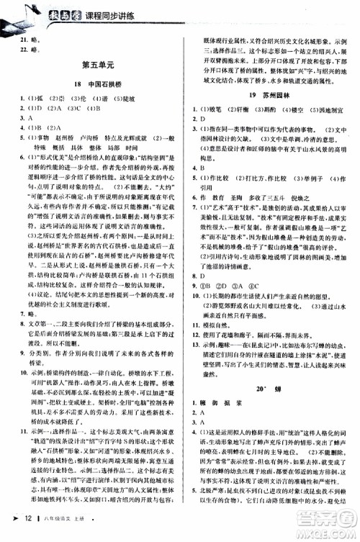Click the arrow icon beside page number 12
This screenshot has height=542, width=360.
tap(10, 530)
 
